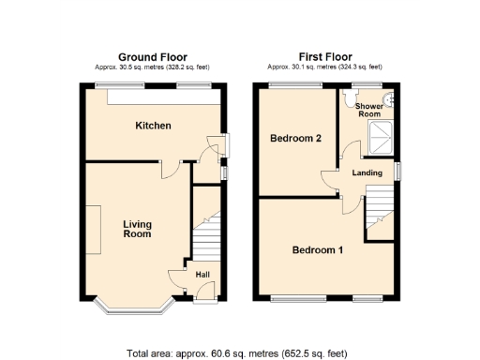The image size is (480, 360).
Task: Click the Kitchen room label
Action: pos(153,126)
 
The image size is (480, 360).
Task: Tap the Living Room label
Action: pos(137,230)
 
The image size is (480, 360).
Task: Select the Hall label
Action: pos(203,275)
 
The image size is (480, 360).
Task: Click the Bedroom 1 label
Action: pos(317,250)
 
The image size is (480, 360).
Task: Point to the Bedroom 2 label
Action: pos(296,139)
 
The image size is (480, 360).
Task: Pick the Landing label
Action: pos(367,172)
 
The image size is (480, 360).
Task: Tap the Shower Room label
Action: pos(368,110)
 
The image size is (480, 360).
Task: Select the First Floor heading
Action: pos(324,56)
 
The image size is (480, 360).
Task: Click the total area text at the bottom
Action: pos(236,353)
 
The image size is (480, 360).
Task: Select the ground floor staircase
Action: pos(206,238)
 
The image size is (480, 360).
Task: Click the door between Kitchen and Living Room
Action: pos(167,169)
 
